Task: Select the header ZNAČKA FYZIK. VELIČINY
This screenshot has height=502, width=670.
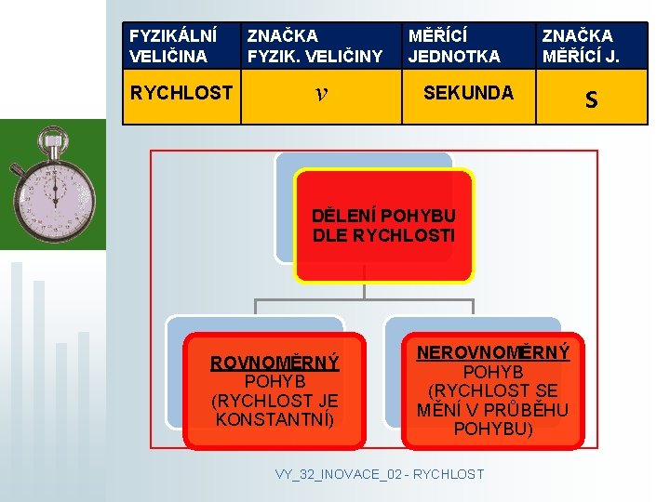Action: (315, 46)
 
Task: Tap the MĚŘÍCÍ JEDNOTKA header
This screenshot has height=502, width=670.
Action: (454, 46)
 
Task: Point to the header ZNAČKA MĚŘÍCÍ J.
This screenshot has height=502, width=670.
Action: (591, 46)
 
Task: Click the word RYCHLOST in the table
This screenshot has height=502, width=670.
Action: (181, 93)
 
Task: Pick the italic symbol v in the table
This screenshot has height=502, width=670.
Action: (320, 93)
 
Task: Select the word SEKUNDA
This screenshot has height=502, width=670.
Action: (468, 92)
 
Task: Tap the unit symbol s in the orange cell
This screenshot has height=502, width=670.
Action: (591, 98)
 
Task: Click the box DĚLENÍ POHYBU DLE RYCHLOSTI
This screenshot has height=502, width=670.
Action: (384, 225)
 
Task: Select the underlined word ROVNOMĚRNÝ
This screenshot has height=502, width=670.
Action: (275, 363)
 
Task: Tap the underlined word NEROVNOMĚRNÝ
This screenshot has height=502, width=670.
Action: (493, 353)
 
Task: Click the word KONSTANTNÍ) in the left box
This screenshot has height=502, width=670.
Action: (275, 419)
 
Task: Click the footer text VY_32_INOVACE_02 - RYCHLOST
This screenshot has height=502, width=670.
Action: (380, 474)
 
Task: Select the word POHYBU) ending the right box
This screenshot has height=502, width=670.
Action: (493, 429)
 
